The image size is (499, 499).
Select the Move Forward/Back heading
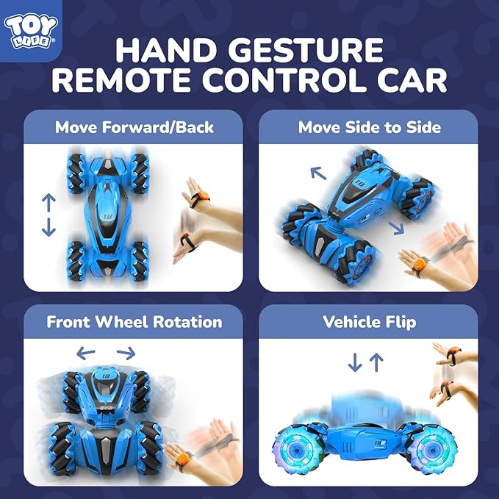coord(134,127)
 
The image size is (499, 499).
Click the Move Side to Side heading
coord(369,127)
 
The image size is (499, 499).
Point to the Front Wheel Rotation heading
coord(134,322)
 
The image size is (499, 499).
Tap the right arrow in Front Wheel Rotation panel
coord(126,353)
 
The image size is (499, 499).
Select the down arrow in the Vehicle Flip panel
coord(354,362)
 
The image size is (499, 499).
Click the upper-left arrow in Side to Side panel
coord(318,173)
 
